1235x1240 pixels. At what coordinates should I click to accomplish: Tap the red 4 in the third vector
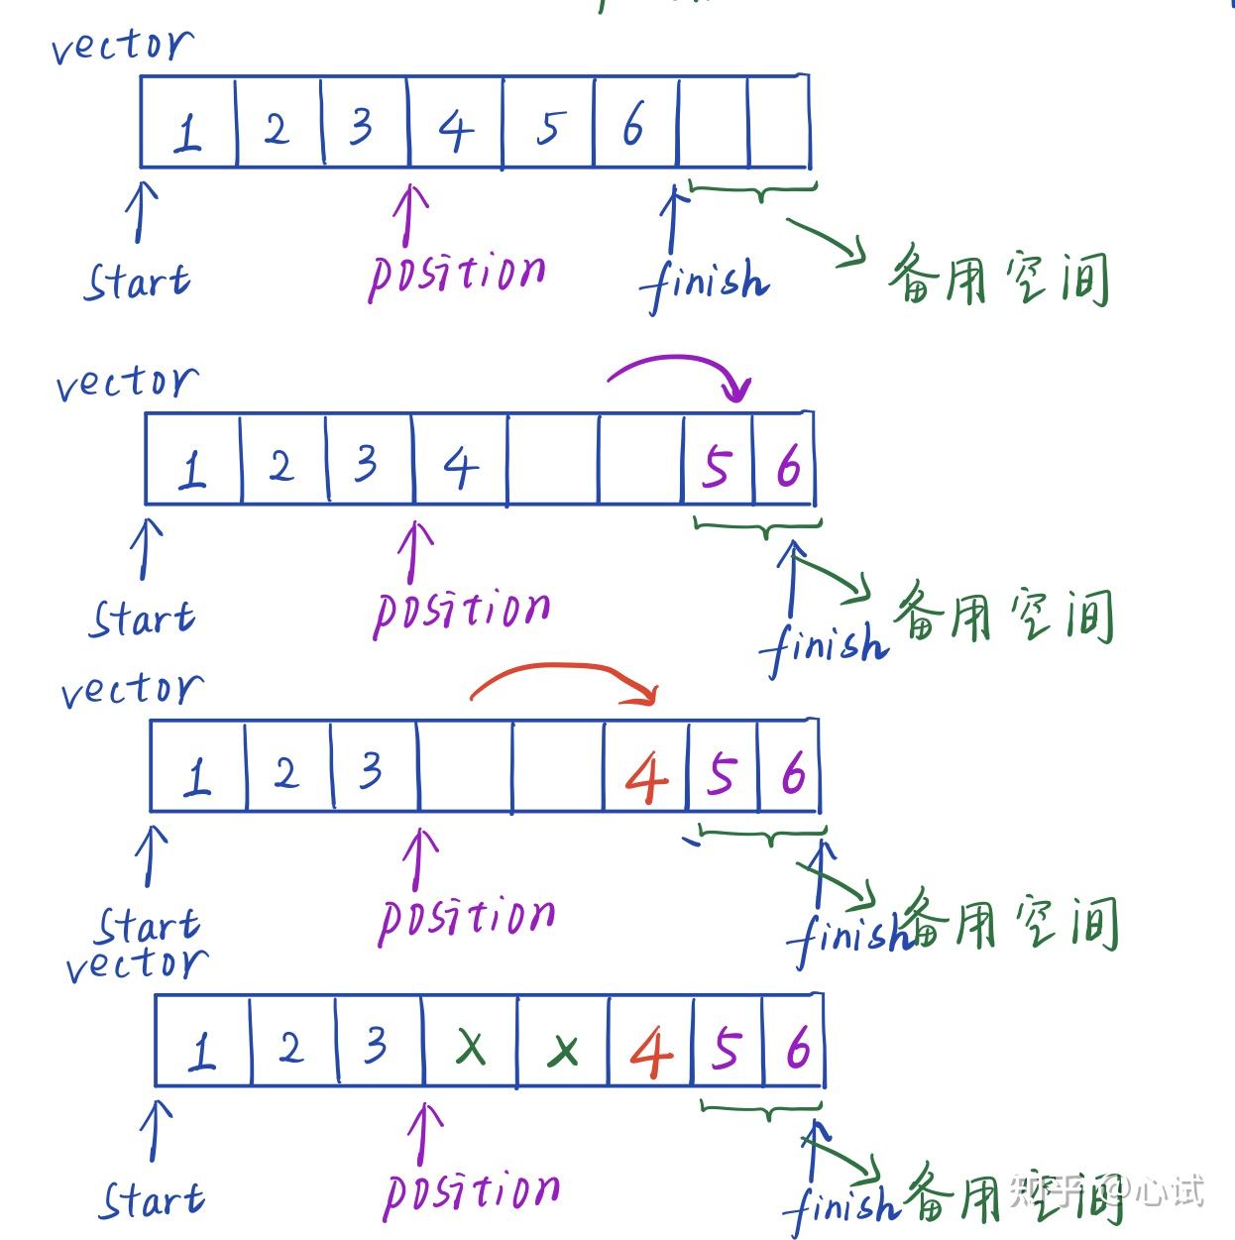(x=646, y=777)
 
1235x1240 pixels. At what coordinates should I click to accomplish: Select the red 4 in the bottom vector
(x=650, y=1052)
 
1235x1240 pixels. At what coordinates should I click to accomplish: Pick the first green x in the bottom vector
(x=471, y=1046)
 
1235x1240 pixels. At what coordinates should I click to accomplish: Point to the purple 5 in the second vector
(x=717, y=466)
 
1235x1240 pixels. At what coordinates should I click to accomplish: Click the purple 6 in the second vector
(x=788, y=466)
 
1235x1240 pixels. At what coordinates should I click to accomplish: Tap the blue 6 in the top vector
(x=632, y=125)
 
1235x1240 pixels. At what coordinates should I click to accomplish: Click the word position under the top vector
(x=457, y=274)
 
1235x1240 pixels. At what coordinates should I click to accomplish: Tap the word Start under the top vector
(x=137, y=282)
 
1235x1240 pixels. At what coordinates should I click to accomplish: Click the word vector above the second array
(x=127, y=383)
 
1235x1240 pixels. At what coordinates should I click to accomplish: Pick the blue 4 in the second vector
(x=460, y=466)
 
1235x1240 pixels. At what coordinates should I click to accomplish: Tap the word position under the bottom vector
(x=472, y=1191)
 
